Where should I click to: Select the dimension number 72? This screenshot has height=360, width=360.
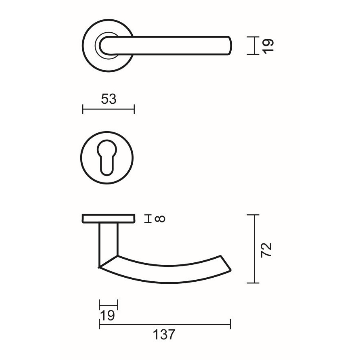point(267,249)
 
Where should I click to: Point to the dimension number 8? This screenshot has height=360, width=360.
point(160,219)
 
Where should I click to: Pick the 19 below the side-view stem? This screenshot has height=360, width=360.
point(107,315)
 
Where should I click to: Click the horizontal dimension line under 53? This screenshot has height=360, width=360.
point(108,109)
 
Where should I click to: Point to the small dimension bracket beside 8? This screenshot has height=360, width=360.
point(148,219)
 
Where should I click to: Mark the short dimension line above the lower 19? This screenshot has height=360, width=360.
point(109,305)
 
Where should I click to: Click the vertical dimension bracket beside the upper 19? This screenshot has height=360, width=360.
point(254,45)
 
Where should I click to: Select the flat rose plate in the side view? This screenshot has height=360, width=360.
point(109,219)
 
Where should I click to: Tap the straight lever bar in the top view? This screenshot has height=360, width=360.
point(173,45)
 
